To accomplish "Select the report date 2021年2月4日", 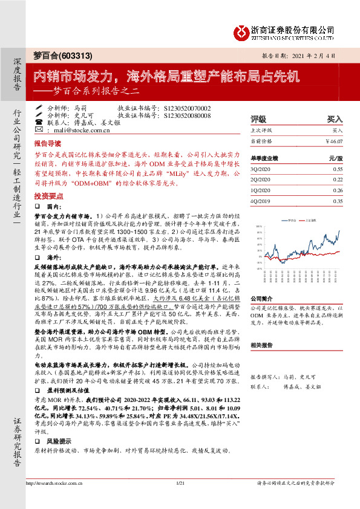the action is click(x=309, y=56).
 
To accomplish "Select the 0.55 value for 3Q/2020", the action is click(x=338, y=169).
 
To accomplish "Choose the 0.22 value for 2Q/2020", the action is click(x=338, y=180).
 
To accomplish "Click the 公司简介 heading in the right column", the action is click(x=262, y=299).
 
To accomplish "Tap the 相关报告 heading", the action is click(x=262, y=346).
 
